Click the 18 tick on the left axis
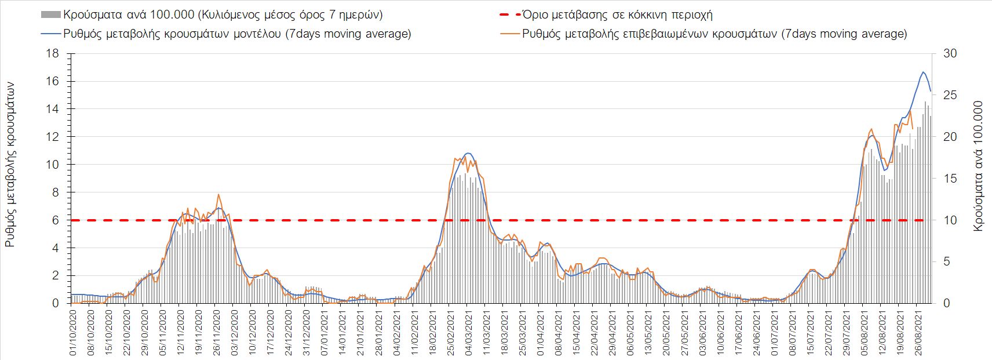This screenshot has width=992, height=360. (52, 53)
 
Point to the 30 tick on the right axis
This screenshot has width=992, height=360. (950, 53)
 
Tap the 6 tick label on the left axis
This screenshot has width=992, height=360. (56, 220)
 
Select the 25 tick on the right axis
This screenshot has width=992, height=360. (950, 95)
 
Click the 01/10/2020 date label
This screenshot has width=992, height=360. (73, 332)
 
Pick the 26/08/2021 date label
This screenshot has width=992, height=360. (917, 332)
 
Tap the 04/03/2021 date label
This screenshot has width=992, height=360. (468, 332)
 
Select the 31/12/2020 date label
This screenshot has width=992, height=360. (307, 332)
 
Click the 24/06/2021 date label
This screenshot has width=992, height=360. (756, 332)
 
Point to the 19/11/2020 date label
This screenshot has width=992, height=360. (199, 332)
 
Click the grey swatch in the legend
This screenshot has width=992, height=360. (50, 14)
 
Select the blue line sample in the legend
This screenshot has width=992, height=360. (50, 34)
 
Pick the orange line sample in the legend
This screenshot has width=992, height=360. (509, 34)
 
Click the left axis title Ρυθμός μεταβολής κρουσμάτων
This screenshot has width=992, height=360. (10, 164)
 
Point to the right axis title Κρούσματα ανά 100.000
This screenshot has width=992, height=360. (978, 166)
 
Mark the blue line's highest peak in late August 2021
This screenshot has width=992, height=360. (923, 72)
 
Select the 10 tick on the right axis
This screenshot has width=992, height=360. (950, 220)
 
